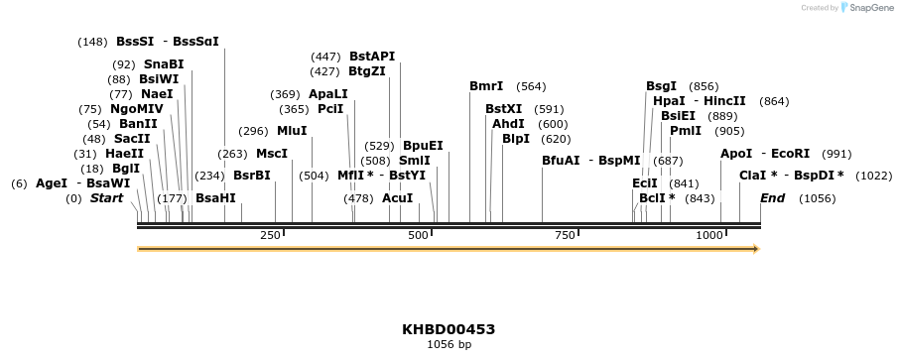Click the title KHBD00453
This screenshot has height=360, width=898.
[x=449, y=329]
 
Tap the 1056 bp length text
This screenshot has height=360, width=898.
[x=449, y=345]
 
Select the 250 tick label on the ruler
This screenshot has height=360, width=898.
[x=270, y=235]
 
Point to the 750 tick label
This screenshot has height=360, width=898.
[x=565, y=235]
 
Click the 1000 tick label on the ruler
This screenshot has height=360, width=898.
[x=708, y=235]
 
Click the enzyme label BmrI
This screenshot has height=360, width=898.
[x=486, y=86]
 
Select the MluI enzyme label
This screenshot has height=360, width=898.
[x=292, y=131]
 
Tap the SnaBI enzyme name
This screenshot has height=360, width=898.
[x=164, y=64]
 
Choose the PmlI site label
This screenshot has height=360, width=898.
[x=686, y=131]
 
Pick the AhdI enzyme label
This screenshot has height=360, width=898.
[x=508, y=124]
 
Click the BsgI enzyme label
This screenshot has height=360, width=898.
[x=661, y=86]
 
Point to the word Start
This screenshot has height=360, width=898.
[x=107, y=198]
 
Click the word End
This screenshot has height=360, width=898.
[x=772, y=198]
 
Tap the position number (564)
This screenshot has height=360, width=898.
[x=531, y=86]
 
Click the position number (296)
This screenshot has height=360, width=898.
[x=254, y=131]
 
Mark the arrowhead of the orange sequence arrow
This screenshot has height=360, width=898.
[x=755, y=248]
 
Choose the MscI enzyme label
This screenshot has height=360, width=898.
[x=272, y=154]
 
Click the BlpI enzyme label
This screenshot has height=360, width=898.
[x=516, y=139]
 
